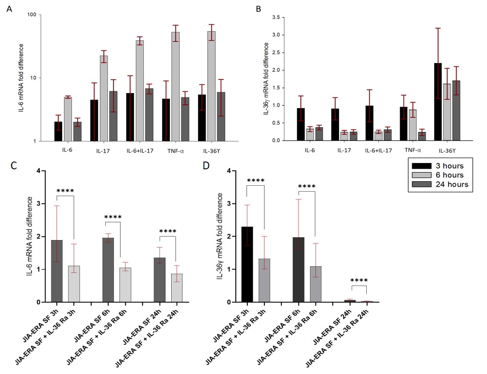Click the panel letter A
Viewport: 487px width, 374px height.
coord(9,9)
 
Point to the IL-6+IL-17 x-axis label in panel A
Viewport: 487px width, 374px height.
coord(140,151)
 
